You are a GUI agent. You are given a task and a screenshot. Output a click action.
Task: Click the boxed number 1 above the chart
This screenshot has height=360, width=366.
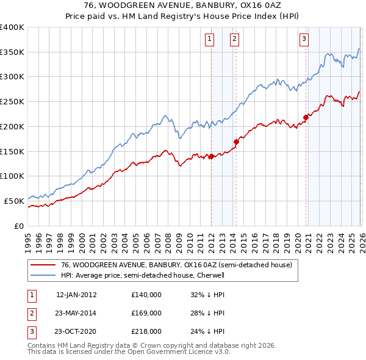[x=210, y=40]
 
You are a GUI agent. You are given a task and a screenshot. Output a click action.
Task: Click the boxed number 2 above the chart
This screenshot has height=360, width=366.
[x=234, y=40]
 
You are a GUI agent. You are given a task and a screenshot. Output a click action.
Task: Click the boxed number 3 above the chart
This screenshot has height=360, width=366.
[x=304, y=40]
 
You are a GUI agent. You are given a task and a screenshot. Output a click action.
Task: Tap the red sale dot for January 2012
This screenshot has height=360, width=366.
[x=211, y=156]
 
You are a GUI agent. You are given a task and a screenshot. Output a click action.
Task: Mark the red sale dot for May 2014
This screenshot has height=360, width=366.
[x=236, y=142]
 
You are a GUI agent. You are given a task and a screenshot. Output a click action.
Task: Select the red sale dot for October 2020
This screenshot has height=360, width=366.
[x=306, y=118]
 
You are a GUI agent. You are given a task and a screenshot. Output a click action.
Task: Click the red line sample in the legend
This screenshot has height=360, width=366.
[x=42, y=265]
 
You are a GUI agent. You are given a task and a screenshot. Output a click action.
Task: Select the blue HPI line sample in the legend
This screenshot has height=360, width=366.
[x=42, y=275]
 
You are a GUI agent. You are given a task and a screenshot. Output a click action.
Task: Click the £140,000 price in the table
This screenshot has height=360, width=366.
[x=146, y=294]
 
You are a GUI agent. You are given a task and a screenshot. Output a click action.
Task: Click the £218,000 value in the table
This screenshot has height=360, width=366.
[x=146, y=332]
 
